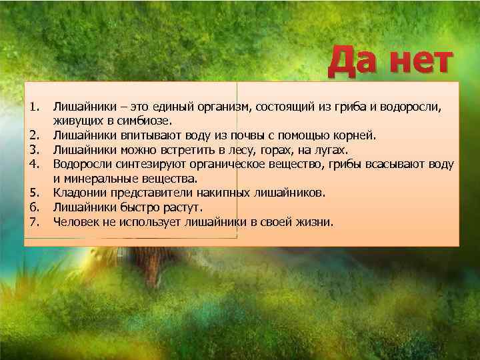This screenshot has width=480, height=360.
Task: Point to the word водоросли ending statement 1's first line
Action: point(413,107)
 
